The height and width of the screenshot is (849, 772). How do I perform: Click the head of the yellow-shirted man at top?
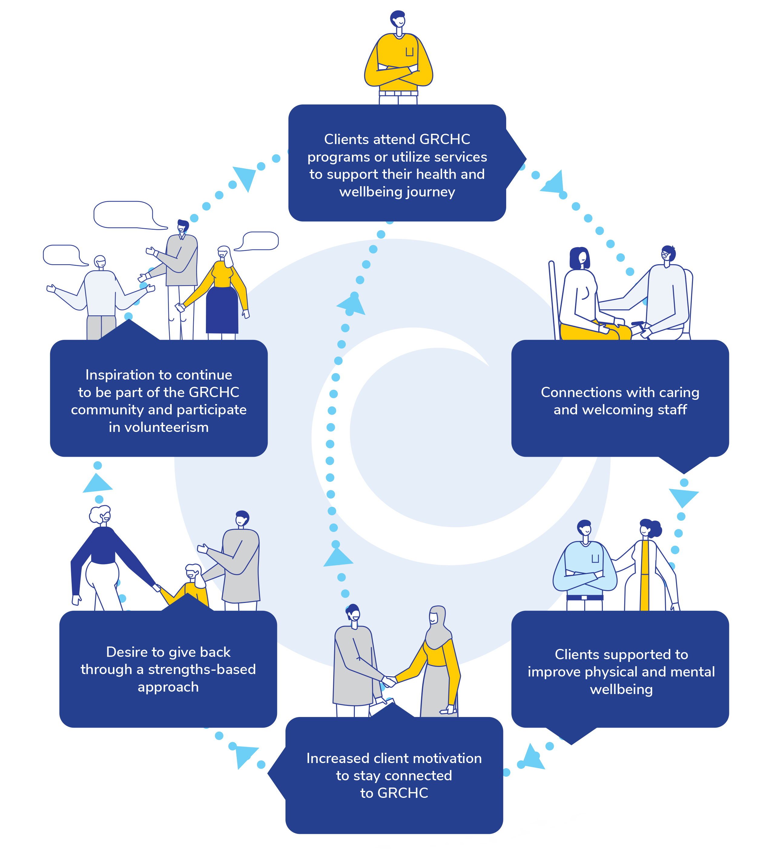(398, 19)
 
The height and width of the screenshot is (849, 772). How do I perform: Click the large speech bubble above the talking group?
(124, 215)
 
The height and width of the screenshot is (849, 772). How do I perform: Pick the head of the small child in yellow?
(193, 573)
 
